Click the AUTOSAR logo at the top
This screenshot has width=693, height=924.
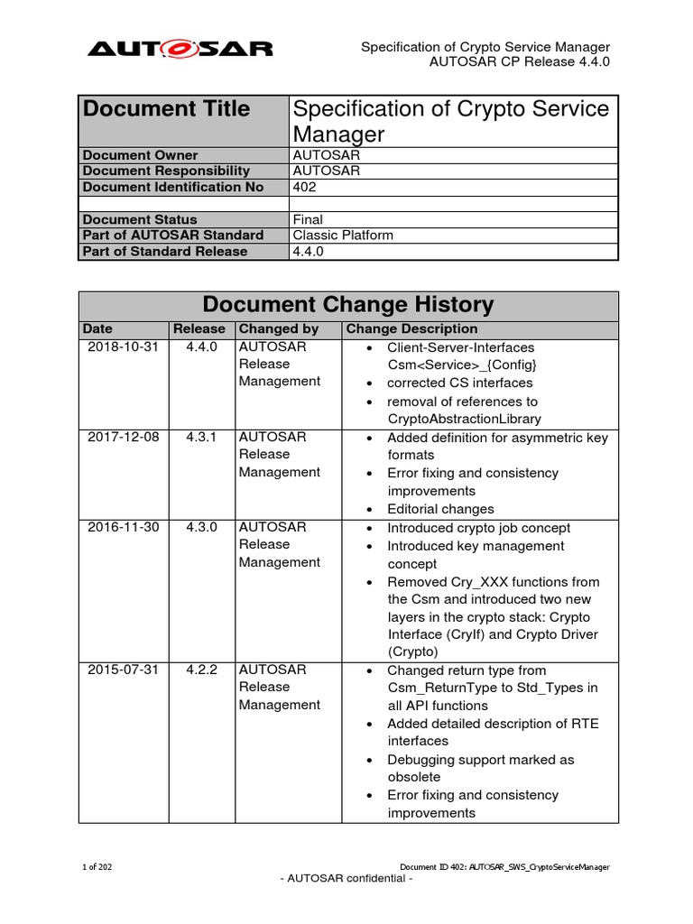click(180, 49)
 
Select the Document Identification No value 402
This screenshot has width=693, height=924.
click(304, 187)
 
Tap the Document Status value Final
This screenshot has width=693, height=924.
click(309, 219)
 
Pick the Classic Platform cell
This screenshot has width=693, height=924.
click(344, 236)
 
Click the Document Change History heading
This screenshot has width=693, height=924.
click(348, 305)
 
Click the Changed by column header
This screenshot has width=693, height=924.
click(279, 329)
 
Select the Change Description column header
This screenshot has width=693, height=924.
click(412, 329)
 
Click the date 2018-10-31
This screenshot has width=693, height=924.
click(123, 347)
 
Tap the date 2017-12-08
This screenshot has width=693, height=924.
click(123, 438)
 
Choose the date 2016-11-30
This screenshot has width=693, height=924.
click(123, 528)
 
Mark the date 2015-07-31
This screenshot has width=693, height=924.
click(123, 670)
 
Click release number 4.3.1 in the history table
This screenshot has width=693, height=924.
click(201, 438)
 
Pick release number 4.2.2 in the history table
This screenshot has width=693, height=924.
click(201, 670)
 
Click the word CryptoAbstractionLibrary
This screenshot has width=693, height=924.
click(465, 419)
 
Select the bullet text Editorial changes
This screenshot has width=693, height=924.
click(441, 509)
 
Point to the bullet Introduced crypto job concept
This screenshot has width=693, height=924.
click(479, 528)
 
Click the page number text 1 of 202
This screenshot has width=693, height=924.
click(97, 867)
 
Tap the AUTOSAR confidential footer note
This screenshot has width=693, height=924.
click(347, 879)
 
